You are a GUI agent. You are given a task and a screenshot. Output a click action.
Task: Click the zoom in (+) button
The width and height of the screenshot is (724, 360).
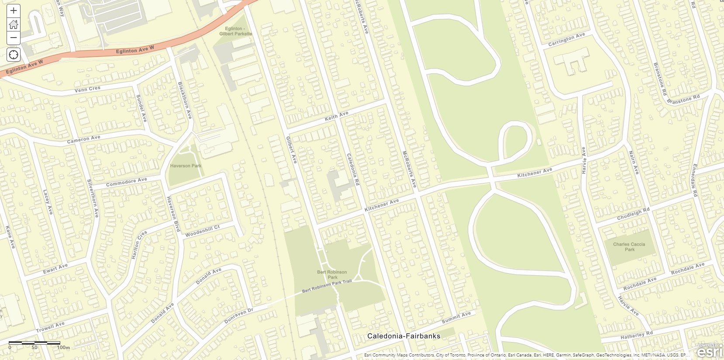(14, 10)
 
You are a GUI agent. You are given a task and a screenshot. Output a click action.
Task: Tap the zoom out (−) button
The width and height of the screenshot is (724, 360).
(14, 38)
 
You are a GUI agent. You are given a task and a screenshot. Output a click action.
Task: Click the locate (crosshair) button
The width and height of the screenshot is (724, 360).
(14, 55)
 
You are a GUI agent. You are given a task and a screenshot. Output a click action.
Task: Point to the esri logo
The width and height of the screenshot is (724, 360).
(710, 351)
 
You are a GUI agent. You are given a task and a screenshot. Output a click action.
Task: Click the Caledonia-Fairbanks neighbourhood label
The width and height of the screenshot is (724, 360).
(403, 336)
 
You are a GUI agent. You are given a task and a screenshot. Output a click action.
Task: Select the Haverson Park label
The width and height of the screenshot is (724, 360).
(186, 166)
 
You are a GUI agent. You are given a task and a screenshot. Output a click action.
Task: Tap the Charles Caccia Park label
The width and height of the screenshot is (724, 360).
(629, 247)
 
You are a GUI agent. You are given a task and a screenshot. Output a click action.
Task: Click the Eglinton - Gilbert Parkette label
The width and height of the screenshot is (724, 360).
(236, 31)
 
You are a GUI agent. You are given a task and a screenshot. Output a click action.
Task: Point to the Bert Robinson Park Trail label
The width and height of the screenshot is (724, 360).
(327, 286)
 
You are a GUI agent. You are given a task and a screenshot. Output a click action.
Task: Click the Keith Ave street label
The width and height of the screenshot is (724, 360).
(337, 116)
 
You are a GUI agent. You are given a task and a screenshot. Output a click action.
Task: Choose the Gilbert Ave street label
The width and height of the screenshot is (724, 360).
(291, 150)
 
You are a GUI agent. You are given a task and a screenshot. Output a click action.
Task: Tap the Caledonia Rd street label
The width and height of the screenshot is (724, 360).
(352, 169)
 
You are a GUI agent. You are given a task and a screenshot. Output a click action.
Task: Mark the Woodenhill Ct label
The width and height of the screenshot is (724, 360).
(203, 231)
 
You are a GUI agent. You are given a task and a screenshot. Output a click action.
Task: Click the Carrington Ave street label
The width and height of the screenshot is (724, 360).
(566, 40)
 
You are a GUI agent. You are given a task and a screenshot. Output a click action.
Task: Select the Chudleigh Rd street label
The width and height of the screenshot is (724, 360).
(633, 214)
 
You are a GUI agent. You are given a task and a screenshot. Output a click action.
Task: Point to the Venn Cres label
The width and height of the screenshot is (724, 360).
(87, 89)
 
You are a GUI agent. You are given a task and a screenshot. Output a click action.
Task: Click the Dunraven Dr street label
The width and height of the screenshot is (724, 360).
(238, 316)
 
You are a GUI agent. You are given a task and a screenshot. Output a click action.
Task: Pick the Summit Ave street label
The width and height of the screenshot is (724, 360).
(456, 318)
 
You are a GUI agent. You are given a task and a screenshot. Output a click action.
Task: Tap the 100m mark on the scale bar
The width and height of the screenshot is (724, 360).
(63, 347)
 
